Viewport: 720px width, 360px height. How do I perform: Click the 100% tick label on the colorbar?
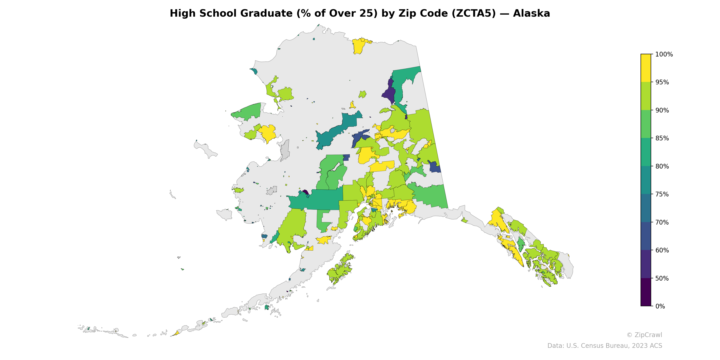[664, 54]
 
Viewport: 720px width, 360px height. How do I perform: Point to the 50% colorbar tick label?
[662, 278]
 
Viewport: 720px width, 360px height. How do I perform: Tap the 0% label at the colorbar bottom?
[660, 306]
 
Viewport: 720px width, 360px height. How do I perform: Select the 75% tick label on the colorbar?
[662, 194]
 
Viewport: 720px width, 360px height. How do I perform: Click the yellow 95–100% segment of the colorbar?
[646, 68]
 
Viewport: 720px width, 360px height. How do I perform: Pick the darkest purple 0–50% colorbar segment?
[646, 292]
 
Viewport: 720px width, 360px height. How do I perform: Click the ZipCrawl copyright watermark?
[644, 335]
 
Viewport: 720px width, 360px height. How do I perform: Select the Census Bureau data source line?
[604, 346]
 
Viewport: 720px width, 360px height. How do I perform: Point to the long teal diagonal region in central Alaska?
[335, 130]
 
